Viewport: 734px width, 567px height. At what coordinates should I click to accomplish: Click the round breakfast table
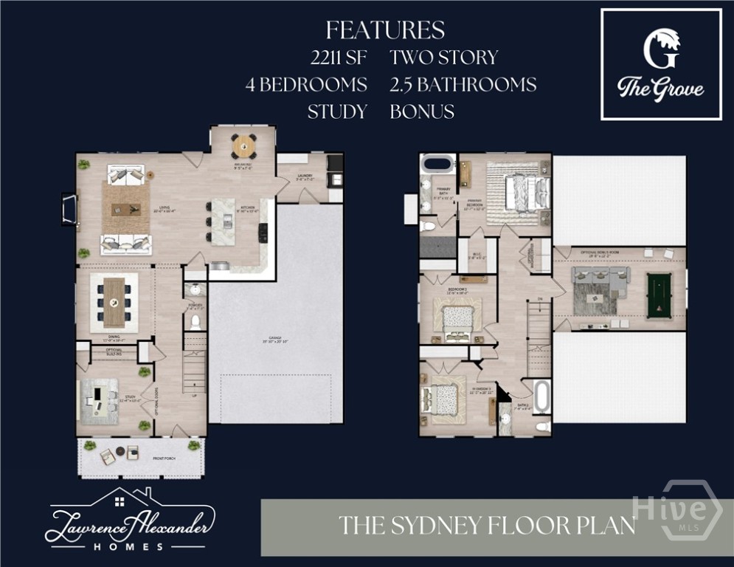[244, 145]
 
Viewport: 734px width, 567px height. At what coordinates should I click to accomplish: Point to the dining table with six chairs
[114, 302]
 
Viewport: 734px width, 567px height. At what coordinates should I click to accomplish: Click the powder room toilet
[195, 322]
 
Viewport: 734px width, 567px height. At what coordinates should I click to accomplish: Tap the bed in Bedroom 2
[458, 320]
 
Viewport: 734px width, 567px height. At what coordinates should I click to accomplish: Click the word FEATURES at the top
[385, 30]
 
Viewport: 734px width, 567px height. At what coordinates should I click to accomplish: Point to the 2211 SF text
[339, 58]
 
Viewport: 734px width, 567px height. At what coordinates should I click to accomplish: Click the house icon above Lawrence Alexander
[118, 503]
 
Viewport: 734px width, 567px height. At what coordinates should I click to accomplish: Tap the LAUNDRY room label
[305, 176]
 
